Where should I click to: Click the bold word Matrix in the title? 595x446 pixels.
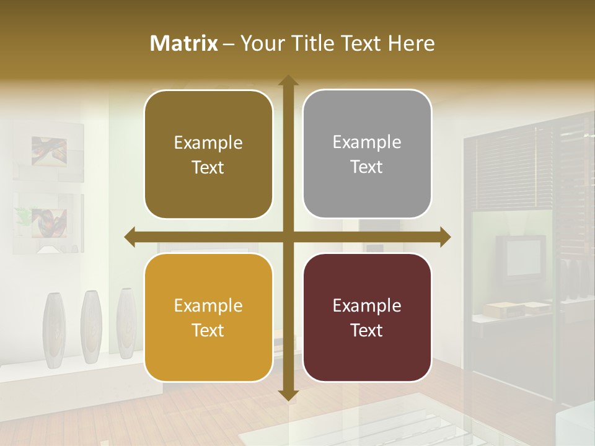pos(184,43)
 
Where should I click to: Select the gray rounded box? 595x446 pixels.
pos(367,154)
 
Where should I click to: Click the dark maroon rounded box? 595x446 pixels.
pos(367,318)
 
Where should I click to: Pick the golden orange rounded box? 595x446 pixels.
pos(208,318)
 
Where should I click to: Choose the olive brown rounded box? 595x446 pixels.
pos(208,154)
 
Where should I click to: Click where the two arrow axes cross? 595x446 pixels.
pos(288,237)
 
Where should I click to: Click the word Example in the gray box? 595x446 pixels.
pos(367,142)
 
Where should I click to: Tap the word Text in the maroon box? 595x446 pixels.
pos(367,330)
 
